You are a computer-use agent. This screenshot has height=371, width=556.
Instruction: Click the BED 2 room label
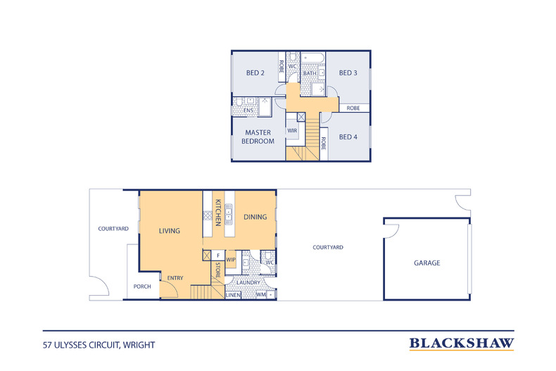click(x=255, y=73)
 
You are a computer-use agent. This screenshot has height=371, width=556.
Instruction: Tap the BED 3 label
click(x=348, y=73)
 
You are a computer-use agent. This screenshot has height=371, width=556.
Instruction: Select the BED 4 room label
click(x=348, y=137)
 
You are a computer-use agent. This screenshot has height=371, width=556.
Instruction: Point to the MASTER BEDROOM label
click(x=258, y=137)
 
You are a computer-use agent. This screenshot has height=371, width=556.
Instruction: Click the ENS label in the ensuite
click(x=248, y=111)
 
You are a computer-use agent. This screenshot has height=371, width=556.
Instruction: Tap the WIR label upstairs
click(x=292, y=130)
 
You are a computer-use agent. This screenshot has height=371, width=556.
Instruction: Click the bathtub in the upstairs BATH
click(x=312, y=58)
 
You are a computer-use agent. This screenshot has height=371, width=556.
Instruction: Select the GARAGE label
click(x=427, y=263)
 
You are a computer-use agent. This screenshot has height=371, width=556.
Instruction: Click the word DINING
click(x=255, y=217)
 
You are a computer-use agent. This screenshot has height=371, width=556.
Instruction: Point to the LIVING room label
click(x=170, y=231)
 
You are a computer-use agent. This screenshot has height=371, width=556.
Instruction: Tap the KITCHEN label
click(x=218, y=213)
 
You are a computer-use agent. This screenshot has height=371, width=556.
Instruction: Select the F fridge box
click(x=218, y=256)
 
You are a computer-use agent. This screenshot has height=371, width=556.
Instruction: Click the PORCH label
click(x=142, y=287)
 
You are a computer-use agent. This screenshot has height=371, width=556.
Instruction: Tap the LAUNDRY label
click(x=248, y=283)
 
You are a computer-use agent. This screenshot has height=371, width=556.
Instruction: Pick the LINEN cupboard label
click(x=233, y=295)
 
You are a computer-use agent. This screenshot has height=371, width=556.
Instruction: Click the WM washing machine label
click(x=260, y=294)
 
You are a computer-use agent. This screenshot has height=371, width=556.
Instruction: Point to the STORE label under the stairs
click(x=217, y=270)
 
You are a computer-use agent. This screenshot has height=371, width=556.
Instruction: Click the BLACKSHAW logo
click(x=462, y=344)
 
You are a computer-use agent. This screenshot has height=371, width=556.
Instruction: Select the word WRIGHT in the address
click(x=139, y=345)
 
